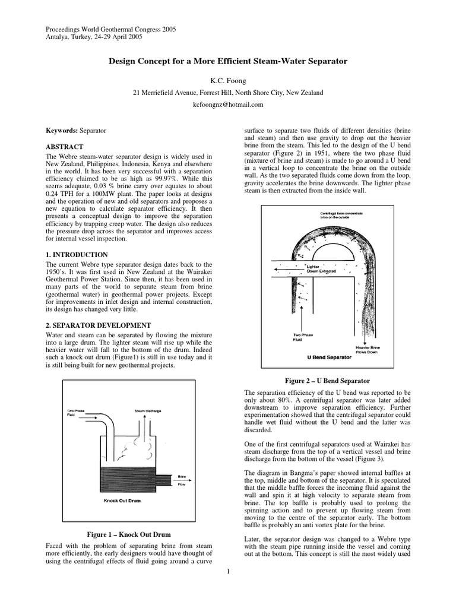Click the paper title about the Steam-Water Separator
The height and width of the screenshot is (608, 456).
coord(227,61)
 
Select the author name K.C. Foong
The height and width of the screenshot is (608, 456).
coord(227,79)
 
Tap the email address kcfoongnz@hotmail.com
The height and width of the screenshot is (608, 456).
coord(227,104)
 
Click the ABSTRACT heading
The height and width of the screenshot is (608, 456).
coord(65,147)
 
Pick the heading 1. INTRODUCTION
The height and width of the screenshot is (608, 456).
coord(77,255)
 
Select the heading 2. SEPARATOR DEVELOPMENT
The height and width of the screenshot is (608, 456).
coord(99,325)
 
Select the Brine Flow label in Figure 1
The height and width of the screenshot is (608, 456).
coord(181,480)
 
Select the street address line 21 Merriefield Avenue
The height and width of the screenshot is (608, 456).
coord(227,93)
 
